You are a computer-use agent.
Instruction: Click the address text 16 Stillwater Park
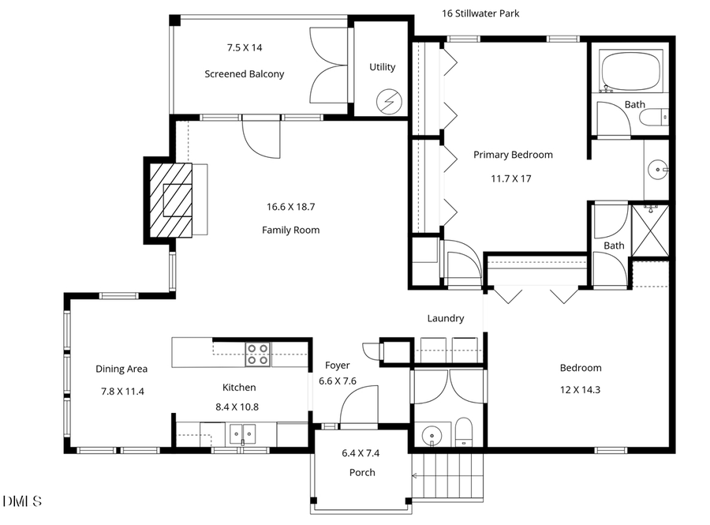tap(480, 13)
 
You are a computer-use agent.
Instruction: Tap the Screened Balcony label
tap(244, 74)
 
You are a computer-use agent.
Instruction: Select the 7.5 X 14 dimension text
tap(244, 47)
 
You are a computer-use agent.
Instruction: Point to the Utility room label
tap(383, 67)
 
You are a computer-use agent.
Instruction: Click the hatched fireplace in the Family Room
tap(170, 199)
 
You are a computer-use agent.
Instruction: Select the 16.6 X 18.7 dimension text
tap(290, 207)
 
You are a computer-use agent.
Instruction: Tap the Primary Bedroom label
tap(513, 155)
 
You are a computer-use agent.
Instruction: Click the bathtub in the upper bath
tap(630, 72)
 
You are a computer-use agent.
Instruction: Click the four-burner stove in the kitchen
tap(258, 354)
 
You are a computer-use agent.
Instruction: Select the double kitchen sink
tap(242, 433)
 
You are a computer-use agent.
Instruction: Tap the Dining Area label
tap(121, 369)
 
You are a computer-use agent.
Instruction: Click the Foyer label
tap(337, 366)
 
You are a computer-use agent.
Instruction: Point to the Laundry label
tap(446, 318)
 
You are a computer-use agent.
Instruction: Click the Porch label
tap(362, 472)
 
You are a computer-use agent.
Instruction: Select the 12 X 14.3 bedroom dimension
tap(581, 390)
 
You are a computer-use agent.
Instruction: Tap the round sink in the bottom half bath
tap(431, 436)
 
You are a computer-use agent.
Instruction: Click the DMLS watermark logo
tap(22, 501)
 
